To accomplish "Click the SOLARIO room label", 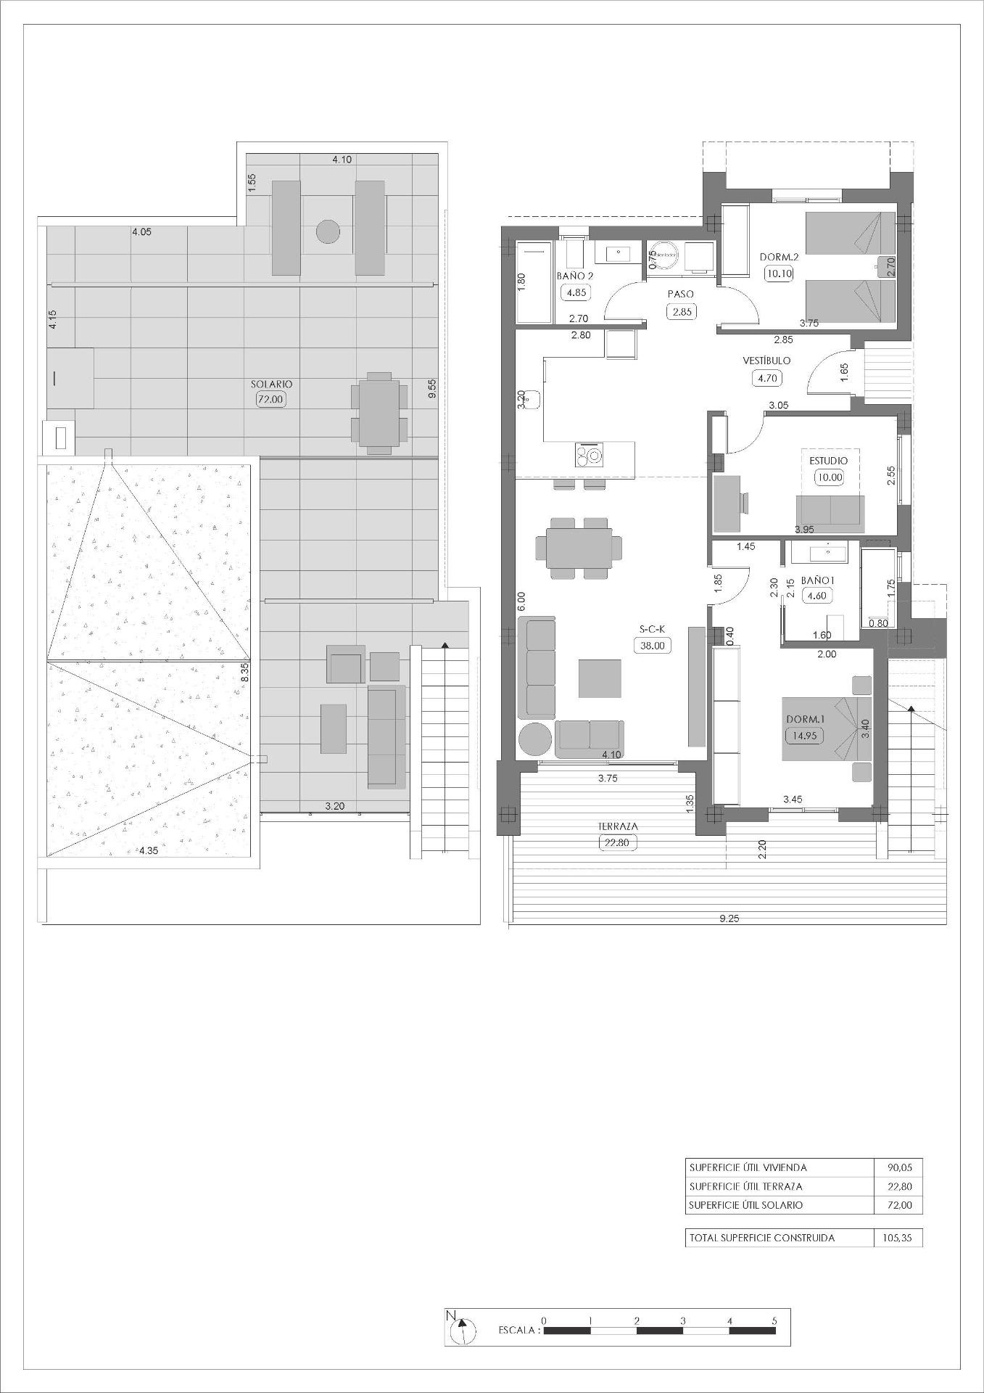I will [272, 384].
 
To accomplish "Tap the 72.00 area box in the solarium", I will [270, 398].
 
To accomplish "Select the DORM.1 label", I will [806, 719].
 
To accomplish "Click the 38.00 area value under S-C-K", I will [652, 645].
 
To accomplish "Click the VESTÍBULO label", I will [766, 360].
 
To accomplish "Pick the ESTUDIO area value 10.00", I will [830, 477].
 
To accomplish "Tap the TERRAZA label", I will [618, 826].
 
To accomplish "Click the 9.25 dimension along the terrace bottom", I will [729, 919].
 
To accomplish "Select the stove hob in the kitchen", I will [589, 456].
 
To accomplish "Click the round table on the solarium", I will [328, 232].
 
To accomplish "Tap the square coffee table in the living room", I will [600, 678].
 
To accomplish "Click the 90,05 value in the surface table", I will [899, 1167].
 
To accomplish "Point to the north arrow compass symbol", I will [462, 1330].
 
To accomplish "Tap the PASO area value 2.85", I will [681, 311].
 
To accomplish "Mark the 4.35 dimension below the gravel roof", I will [149, 850].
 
